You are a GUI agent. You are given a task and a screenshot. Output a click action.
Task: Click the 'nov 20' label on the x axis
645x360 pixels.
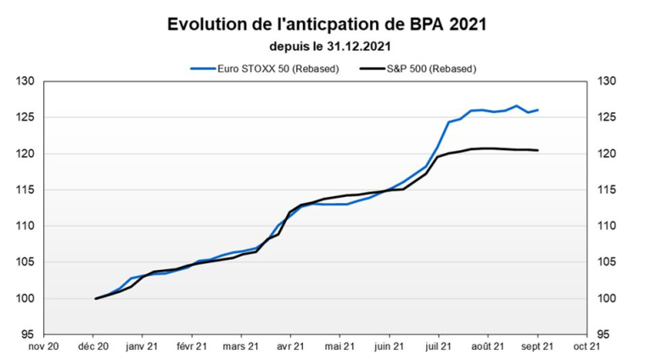coord(44,346)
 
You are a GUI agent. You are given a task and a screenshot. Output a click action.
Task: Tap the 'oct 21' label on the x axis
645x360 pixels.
coord(586,346)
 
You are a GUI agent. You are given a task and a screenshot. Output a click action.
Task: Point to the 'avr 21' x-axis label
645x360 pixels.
coord(290,346)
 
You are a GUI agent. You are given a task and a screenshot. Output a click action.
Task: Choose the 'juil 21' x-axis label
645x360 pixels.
coord(438,346)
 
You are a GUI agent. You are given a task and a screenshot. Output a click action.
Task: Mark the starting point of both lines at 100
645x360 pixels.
coord(96,298)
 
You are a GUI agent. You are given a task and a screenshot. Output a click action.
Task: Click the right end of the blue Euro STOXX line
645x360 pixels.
coord(537,110)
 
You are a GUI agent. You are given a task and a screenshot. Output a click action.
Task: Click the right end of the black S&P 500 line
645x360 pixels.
coord(537,150)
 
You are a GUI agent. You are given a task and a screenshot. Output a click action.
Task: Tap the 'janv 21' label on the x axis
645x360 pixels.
coord(142,346)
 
